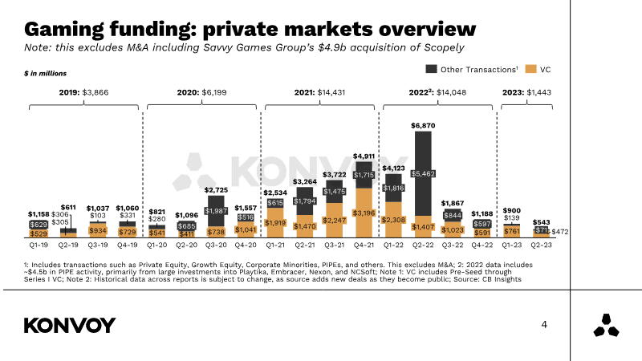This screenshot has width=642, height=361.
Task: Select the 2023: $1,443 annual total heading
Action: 526,92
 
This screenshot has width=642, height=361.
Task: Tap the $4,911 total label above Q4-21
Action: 364,155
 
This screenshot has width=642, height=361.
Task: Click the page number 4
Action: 544,325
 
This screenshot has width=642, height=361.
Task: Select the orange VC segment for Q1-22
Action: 392,218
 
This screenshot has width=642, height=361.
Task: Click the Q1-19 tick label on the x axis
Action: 39,245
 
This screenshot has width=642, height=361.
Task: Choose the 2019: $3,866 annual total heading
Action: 83,92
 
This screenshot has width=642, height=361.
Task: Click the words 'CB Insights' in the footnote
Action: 499,279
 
